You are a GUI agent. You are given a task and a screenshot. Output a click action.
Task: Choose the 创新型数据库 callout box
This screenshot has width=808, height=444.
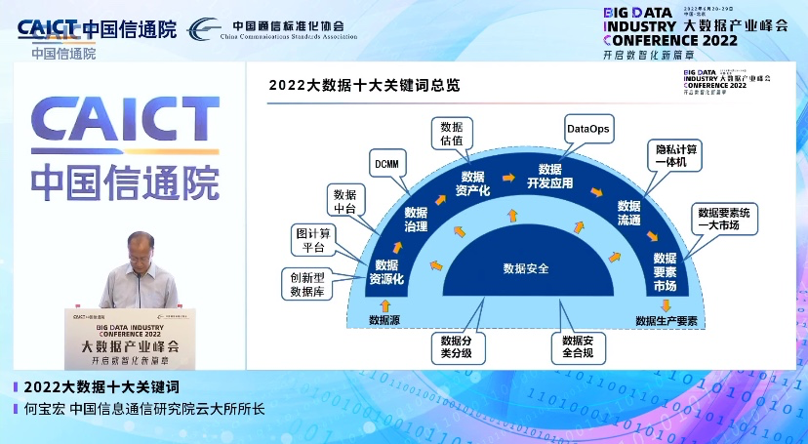coord(306,283)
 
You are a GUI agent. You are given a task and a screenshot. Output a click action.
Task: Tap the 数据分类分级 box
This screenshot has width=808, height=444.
coord(456,346)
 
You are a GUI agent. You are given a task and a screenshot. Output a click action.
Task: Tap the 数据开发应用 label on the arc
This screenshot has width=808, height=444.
coord(549,176)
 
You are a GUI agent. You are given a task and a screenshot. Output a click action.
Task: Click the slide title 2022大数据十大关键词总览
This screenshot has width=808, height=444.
coord(364,86)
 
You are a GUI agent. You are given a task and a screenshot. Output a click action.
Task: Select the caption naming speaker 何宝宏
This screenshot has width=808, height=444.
coord(143,410)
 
